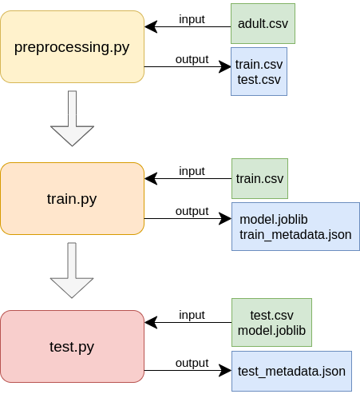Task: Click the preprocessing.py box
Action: pos(72,47)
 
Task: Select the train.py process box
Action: pos(72,199)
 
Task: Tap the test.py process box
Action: pos(72,346)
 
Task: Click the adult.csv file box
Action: pos(263,23)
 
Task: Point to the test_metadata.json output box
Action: pos(291,371)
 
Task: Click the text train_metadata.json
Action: pos(295,235)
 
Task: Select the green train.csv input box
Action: pos(259,178)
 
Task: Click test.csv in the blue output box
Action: pos(259,80)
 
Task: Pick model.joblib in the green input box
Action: pos(271,331)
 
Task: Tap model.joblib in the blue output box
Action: pos(274,220)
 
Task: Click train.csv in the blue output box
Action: pos(259,65)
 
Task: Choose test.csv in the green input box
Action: pos(271,316)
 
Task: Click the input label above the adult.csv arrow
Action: pos(192,19)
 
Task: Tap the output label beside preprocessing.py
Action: pos(192,59)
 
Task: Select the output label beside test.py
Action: pos(192,363)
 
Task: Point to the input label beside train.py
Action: pos(192,171)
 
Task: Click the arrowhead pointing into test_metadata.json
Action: pos(225,370)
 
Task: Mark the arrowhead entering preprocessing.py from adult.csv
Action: pos(151,26)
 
